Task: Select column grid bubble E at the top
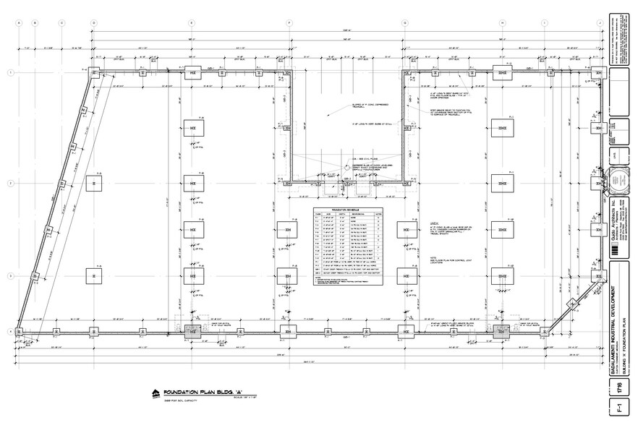[192, 22]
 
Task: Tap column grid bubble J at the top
[600, 22]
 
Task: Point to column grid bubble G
[404, 22]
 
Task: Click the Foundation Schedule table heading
[346, 210]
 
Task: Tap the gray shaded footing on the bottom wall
[193, 331]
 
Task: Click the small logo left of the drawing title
[154, 393]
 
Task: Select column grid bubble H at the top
[502, 22]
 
